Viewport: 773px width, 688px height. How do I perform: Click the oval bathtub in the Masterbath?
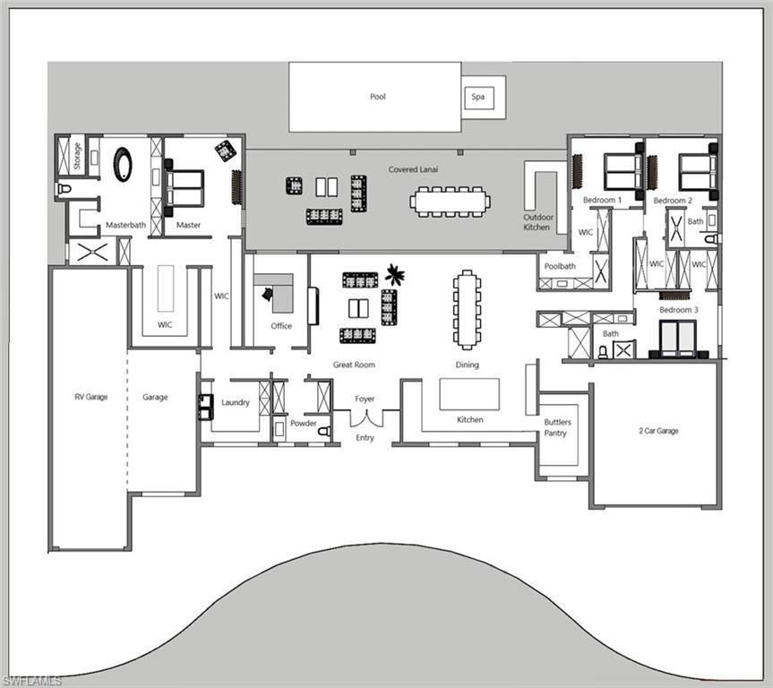click(x=122, y=165)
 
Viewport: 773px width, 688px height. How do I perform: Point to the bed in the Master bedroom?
click(x=185, y=188)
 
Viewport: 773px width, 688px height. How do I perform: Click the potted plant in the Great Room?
click(x=394, y=273)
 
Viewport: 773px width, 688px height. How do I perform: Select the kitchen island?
click(x=468, y=393)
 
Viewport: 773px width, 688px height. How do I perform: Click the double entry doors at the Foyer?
click(x=365, y=417)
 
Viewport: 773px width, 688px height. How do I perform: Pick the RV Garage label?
click(x=90, y=397)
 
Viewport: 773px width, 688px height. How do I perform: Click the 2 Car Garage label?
click(x=658, y=431)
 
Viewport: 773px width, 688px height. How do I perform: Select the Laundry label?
click(x=236, y=403)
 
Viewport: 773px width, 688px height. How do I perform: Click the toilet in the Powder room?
click(x=323, y=431)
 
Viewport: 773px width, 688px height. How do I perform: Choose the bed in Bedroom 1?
click(x=622, y=171)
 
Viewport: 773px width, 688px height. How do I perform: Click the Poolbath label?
click(x=560, y=266)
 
